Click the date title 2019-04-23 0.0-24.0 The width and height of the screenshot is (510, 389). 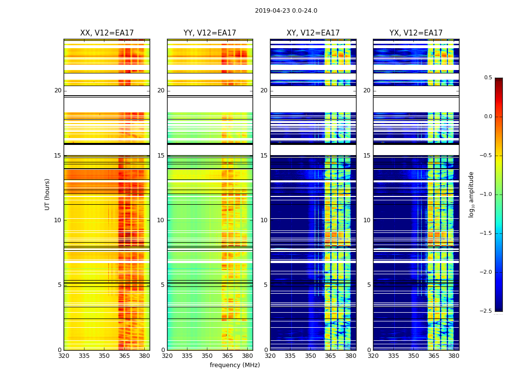286,11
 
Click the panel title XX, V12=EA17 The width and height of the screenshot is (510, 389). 107,33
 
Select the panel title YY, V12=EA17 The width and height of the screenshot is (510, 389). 210,33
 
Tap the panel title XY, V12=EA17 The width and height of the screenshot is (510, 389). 313,33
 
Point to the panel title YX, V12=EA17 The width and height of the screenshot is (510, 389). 416,33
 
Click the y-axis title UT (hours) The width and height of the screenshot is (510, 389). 47,194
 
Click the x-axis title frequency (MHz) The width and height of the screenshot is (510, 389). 235,365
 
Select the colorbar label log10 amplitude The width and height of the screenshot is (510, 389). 471,194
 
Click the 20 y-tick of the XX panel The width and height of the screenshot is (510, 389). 58,90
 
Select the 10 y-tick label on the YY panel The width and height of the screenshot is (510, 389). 161,220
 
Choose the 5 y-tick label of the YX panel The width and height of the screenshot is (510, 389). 369,285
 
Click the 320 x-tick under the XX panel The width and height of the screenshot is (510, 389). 64,356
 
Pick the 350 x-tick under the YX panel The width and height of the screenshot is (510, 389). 413,356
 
